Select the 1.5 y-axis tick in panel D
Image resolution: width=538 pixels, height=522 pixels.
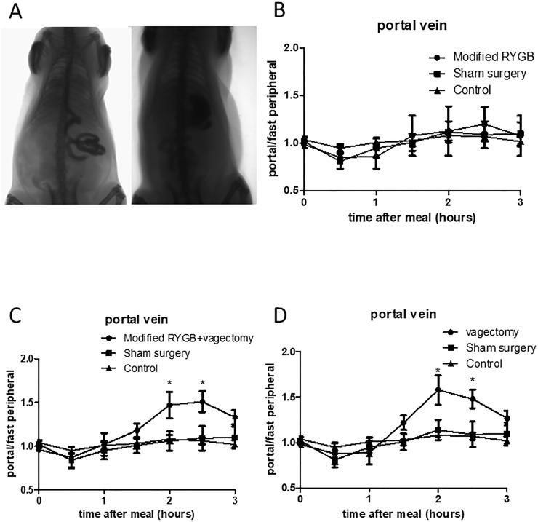287,397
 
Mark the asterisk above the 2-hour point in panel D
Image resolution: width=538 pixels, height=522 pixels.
438,371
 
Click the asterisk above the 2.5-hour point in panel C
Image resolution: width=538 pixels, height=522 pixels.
202,383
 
